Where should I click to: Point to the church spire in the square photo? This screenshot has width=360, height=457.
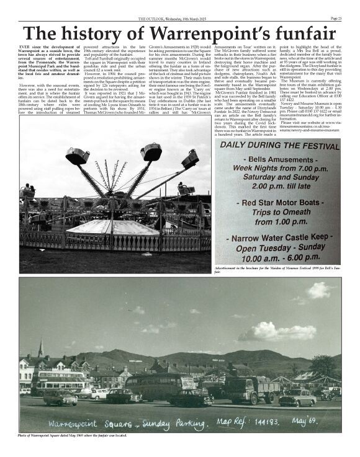tap(40, 347)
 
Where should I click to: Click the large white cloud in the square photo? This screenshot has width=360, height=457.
tap(273, 332)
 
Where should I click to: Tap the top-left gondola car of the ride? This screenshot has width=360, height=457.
tap(78, 156)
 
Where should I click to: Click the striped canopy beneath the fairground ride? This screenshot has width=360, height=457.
tap(112, 226)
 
